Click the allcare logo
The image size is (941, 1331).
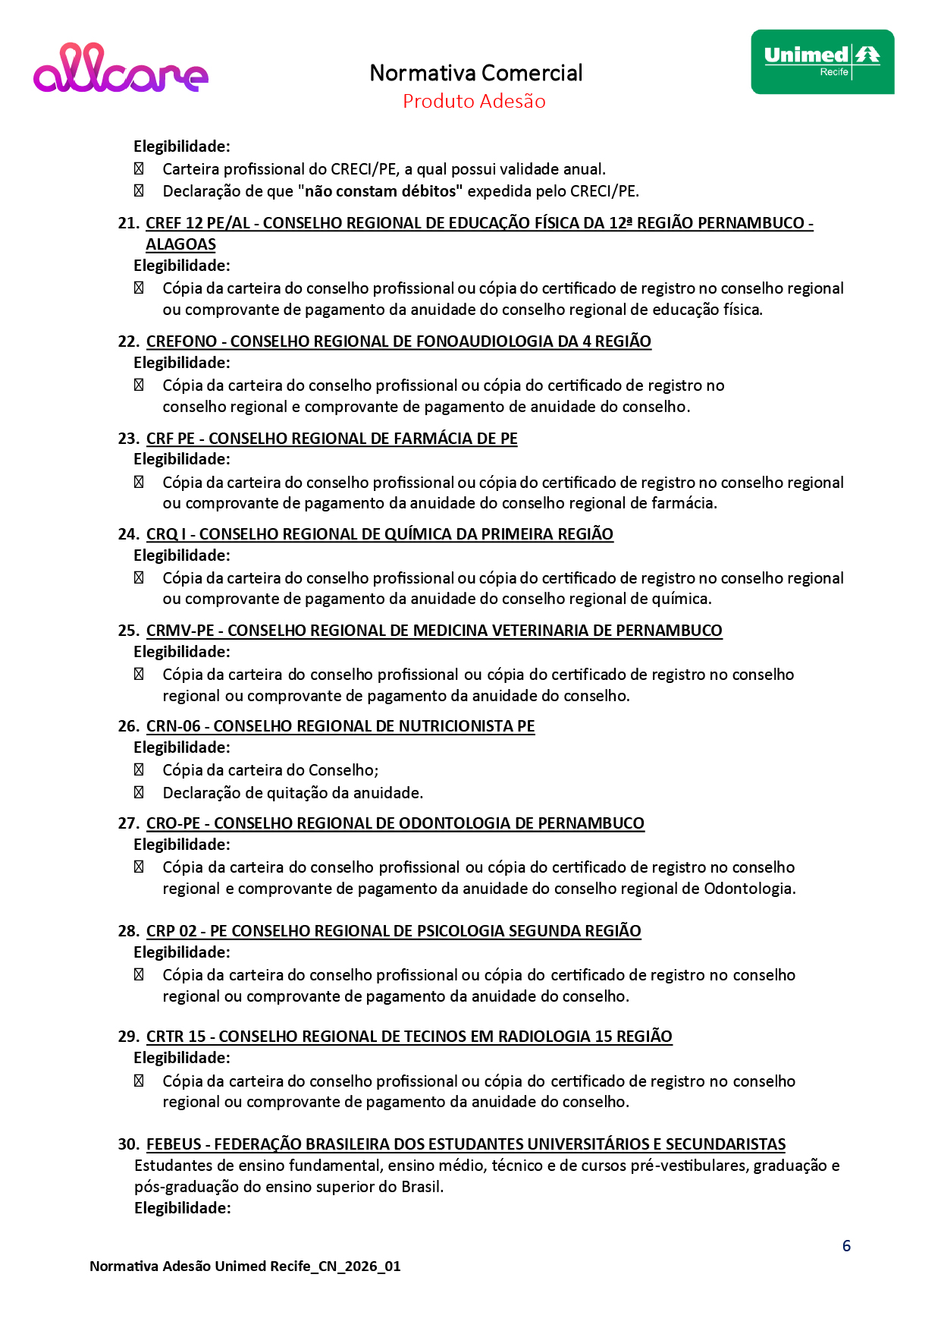121,68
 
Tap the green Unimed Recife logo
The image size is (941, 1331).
822,62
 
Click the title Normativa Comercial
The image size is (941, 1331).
475,73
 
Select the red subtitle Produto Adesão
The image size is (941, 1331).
474,101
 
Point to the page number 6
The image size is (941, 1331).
846,1246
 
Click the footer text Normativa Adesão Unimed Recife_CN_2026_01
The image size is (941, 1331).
245,1266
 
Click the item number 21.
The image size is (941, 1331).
127,223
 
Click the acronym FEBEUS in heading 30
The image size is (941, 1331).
174,1144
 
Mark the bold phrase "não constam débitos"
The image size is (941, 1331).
384,191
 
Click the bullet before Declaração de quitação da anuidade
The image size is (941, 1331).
139,793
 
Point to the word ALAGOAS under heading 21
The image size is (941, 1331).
180,244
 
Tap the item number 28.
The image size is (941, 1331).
127,931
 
